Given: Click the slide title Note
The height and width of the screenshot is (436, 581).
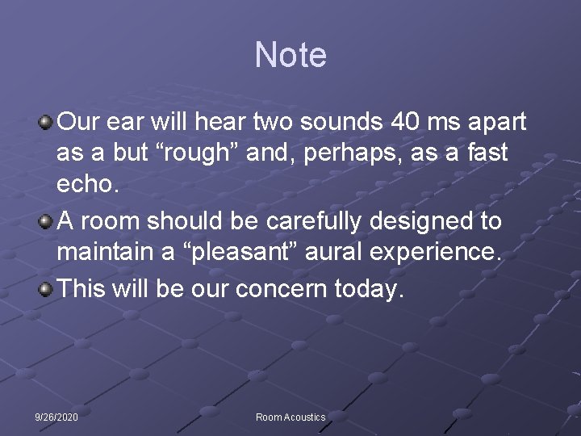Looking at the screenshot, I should click(290, 56).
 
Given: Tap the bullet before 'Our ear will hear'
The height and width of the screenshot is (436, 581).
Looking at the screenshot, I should click(47, 123).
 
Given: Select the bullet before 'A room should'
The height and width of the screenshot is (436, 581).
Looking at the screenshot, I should click(47, 221).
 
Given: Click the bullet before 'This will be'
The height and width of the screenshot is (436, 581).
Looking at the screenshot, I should click(47, 289).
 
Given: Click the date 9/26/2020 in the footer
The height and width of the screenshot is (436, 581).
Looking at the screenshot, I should click(56, 417).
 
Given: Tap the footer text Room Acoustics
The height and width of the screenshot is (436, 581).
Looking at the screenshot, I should click(290, 417).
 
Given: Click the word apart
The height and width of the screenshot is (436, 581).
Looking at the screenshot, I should click(495, 123).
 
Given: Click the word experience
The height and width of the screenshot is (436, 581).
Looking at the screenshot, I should click(437, 251).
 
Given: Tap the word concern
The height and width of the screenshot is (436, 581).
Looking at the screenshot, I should click(291, 289).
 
